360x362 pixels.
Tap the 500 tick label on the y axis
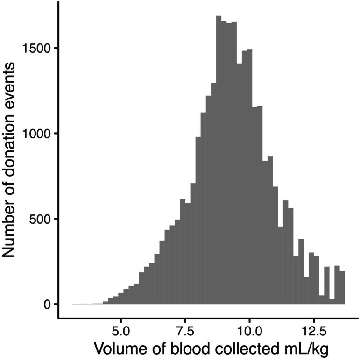click(x=42, y=219)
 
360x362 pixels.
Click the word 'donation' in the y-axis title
click(x=13, y=151)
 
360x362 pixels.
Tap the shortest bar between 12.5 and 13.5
click(x=332, y=301)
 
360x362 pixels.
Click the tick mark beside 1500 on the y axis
click(x=56, y=48)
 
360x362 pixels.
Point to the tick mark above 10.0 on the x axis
click(x=249, y=321)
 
